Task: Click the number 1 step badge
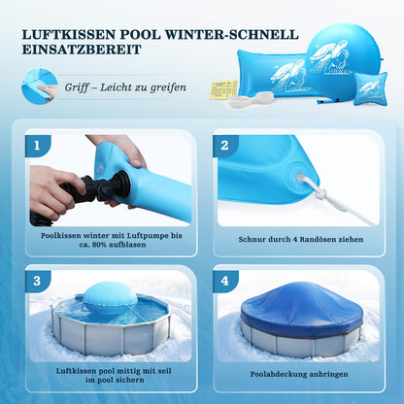(40, 147)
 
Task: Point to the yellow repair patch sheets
(222, 89)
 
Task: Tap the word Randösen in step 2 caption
(311, 239)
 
